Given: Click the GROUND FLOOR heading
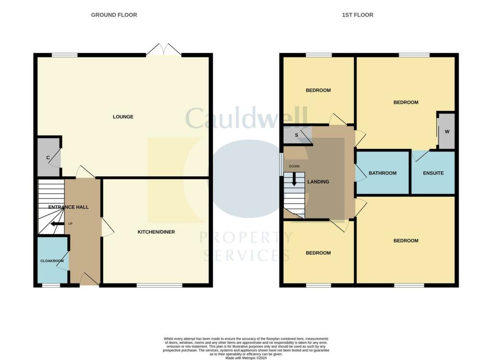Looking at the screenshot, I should pos(114,15).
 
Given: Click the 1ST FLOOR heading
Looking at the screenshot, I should pos(357,15).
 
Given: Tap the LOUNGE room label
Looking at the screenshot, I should pos(123,117).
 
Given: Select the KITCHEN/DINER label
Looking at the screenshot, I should pos(156,232).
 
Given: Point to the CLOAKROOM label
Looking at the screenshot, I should pos(52,261).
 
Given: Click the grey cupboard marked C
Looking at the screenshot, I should pos(48,157).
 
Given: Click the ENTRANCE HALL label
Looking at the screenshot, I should pos(68,207).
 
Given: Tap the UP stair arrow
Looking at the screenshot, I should pos(57,223).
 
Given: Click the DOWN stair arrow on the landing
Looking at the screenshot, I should pos(294,180).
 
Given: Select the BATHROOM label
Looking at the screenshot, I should pos(382,173).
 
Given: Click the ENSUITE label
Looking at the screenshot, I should pos(433,173).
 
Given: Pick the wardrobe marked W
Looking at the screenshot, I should pos(447,131).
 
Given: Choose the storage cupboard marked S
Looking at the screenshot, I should pos(296,135).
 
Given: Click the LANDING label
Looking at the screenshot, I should pos(318,182).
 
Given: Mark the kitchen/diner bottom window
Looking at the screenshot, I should pos(160,286).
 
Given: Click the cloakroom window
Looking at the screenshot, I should pos(50,286).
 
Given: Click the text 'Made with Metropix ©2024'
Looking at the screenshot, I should pos(246,358).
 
